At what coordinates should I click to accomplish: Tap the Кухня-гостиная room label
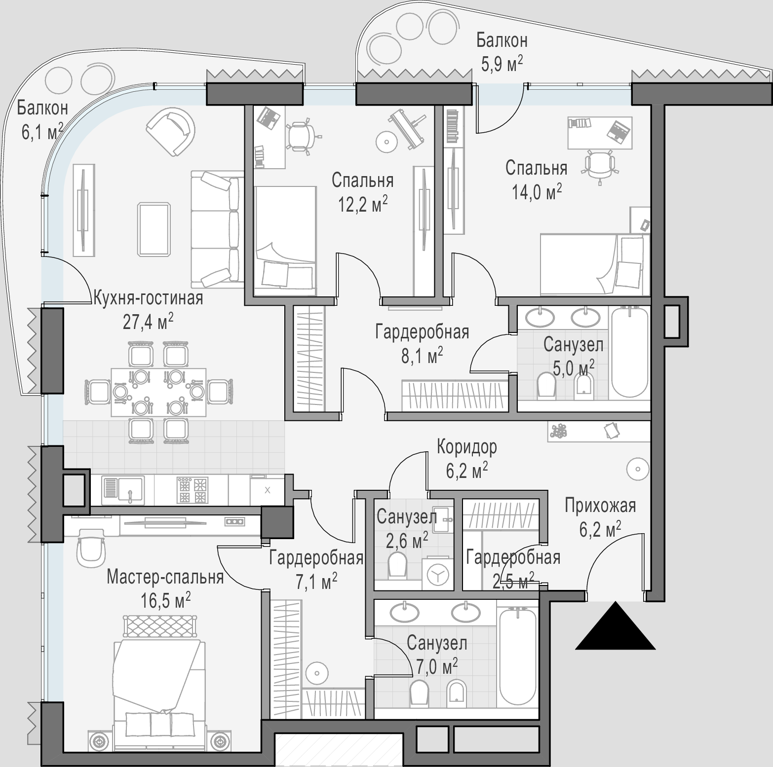pos(148,298)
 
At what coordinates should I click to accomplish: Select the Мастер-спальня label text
pos(165,577)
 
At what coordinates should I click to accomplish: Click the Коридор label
pos(467,447)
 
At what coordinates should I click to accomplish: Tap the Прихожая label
pos(600,506)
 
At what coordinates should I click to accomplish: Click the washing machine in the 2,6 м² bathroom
pos(437,574)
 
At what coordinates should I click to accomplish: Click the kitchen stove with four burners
pos(192,489)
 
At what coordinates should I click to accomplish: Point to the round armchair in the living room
pos(170,132)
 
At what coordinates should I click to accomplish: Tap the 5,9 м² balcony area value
pos(502,64)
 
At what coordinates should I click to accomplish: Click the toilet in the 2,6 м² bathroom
pos(398,565)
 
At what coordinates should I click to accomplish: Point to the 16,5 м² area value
pos(165,601)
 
